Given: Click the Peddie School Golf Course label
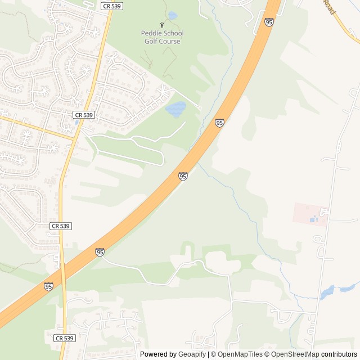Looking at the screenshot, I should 161,37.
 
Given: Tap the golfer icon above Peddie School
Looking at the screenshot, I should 162,25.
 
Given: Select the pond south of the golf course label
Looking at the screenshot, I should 176,109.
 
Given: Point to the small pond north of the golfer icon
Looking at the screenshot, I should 172,16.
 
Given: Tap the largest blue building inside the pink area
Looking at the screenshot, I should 312,219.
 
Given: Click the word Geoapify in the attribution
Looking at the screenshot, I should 192,354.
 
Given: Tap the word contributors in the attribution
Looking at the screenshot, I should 339,354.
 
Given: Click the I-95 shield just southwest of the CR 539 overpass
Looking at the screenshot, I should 48,287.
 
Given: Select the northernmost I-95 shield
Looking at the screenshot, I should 269,22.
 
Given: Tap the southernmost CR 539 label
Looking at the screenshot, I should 65,338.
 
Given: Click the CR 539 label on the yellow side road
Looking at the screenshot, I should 83,115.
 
